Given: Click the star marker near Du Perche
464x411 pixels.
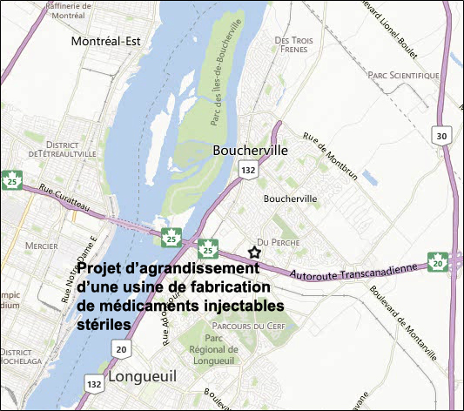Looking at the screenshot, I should pyautogui.click(x=254, y=252).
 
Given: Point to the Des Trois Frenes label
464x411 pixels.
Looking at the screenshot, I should pyautogui.click(x=293, y=45).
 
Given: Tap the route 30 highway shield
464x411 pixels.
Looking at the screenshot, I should pyautogui.click(x=441, y=136).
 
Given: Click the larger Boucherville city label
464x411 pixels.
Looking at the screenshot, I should pyautogui.click(x=250, y=150).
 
